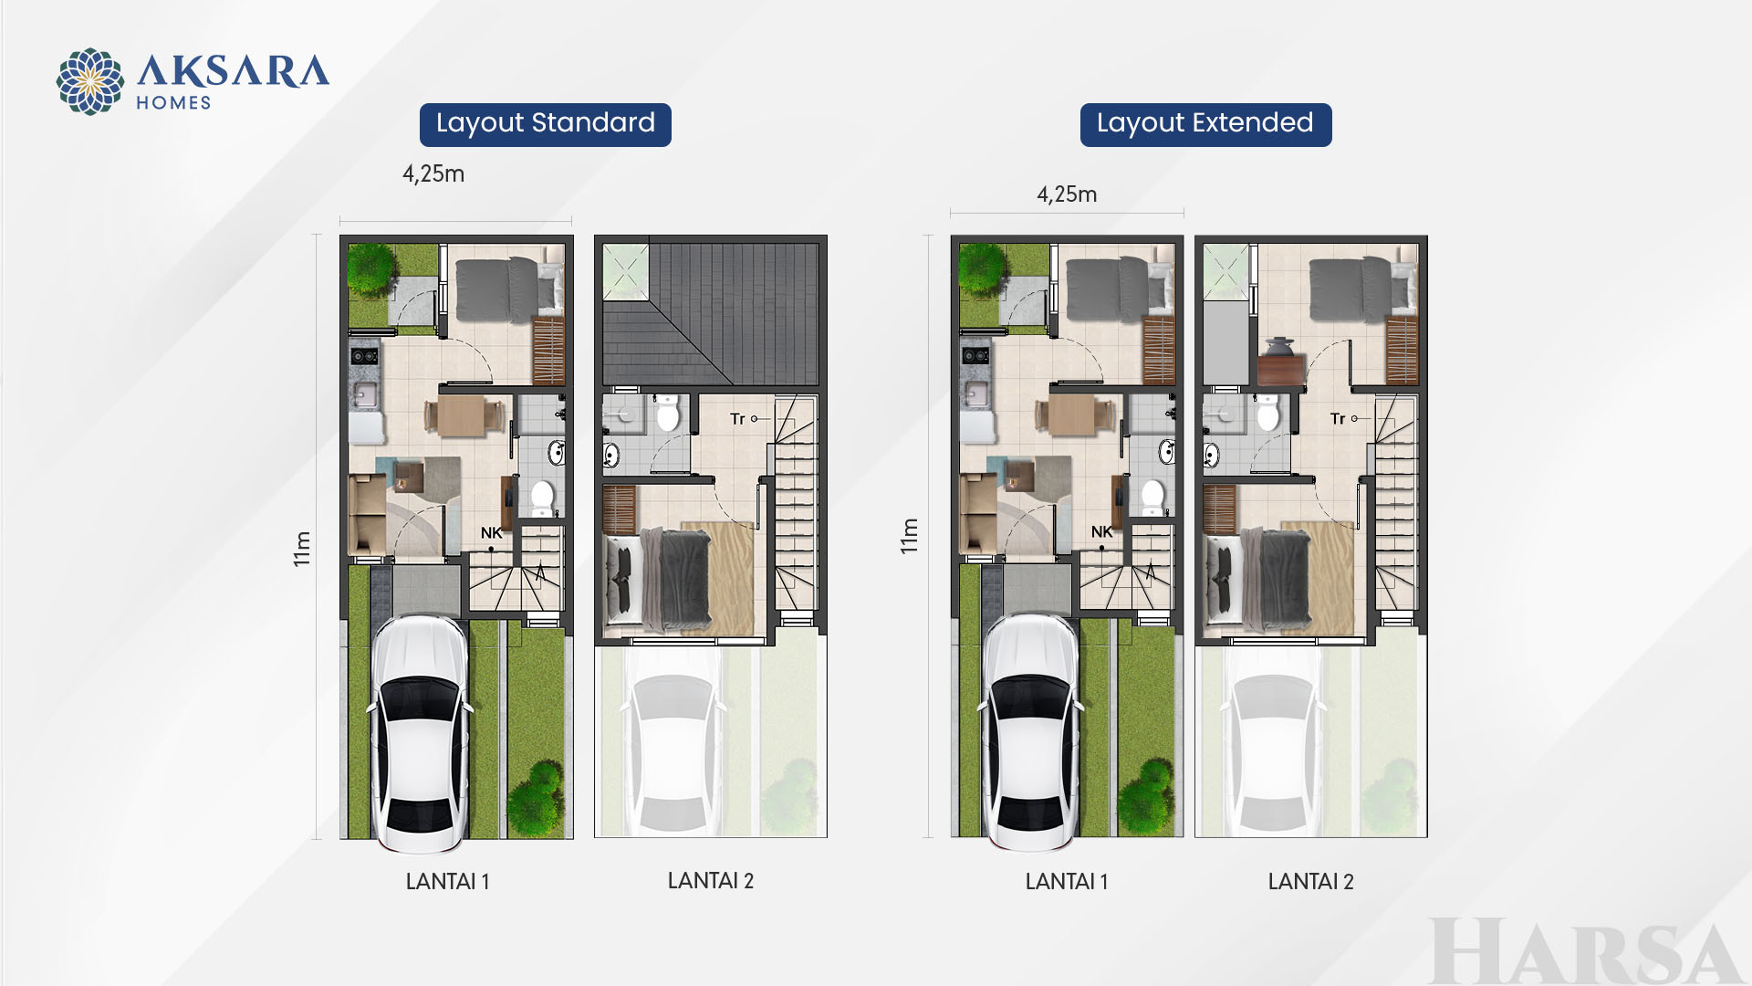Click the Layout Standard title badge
click(x=546, y=124)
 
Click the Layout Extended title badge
click(x=1205, y=124)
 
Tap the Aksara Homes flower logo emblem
click(x=90, y=82)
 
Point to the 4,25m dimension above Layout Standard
click(x=433, y=173)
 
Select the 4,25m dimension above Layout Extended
click(x=1067, y=194)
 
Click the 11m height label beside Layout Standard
click(x=302, y=549)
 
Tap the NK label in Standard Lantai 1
click(x=491, y=533)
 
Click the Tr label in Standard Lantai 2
click(x=737, y=419)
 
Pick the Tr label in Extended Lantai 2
click(x=1338, y=419)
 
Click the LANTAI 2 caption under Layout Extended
click(x=1310, y=881)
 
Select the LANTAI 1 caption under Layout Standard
click(x=447, y=881)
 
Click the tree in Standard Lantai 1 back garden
click(x=371, y=267)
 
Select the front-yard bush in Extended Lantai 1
click(x=1147, y=795)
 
